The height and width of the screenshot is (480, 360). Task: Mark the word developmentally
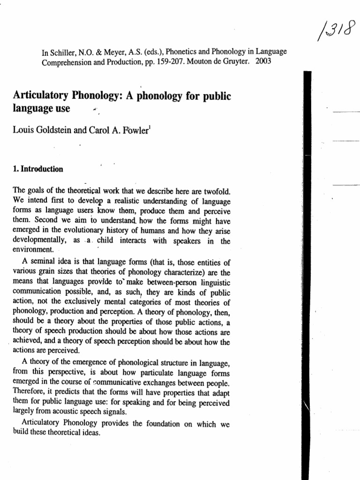click(x=40, y=240)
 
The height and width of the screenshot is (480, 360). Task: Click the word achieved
click(x=30, y=341)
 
